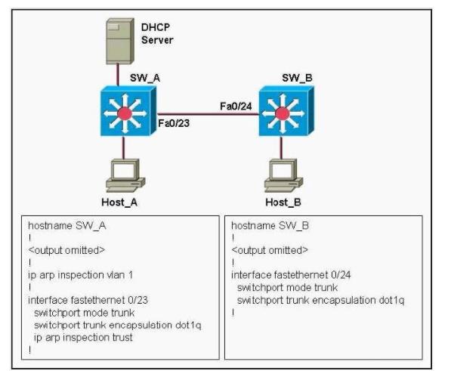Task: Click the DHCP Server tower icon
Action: (x=120, y=41)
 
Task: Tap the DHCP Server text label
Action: (x=157, y=34)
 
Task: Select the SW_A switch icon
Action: (x=128, y=111)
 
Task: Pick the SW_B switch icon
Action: (x=286, y=111)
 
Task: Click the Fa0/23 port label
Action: (x=174, y=123)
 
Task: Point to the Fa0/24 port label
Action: (x=236, y=107)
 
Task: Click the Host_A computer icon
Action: (x=125, y=175)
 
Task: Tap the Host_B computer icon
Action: (x=283, y=175)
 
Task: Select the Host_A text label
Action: (x=119, y=203)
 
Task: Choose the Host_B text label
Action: (x=283, y=203)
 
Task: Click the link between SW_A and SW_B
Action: (x=208, y=114)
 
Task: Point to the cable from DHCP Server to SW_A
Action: (x=118, y=75)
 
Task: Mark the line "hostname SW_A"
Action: (x=67, y=226)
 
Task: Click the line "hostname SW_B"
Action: (x=270, y=226)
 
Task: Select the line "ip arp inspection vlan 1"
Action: (x=81, y=275)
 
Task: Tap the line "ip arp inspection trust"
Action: (x=83, y=337)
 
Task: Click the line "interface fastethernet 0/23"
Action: (x=88, y=300)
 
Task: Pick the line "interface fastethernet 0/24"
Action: (x=291, y=275)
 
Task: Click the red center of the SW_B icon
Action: (x=283, y=113)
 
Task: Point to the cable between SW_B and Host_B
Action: (x=281, y=147)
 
